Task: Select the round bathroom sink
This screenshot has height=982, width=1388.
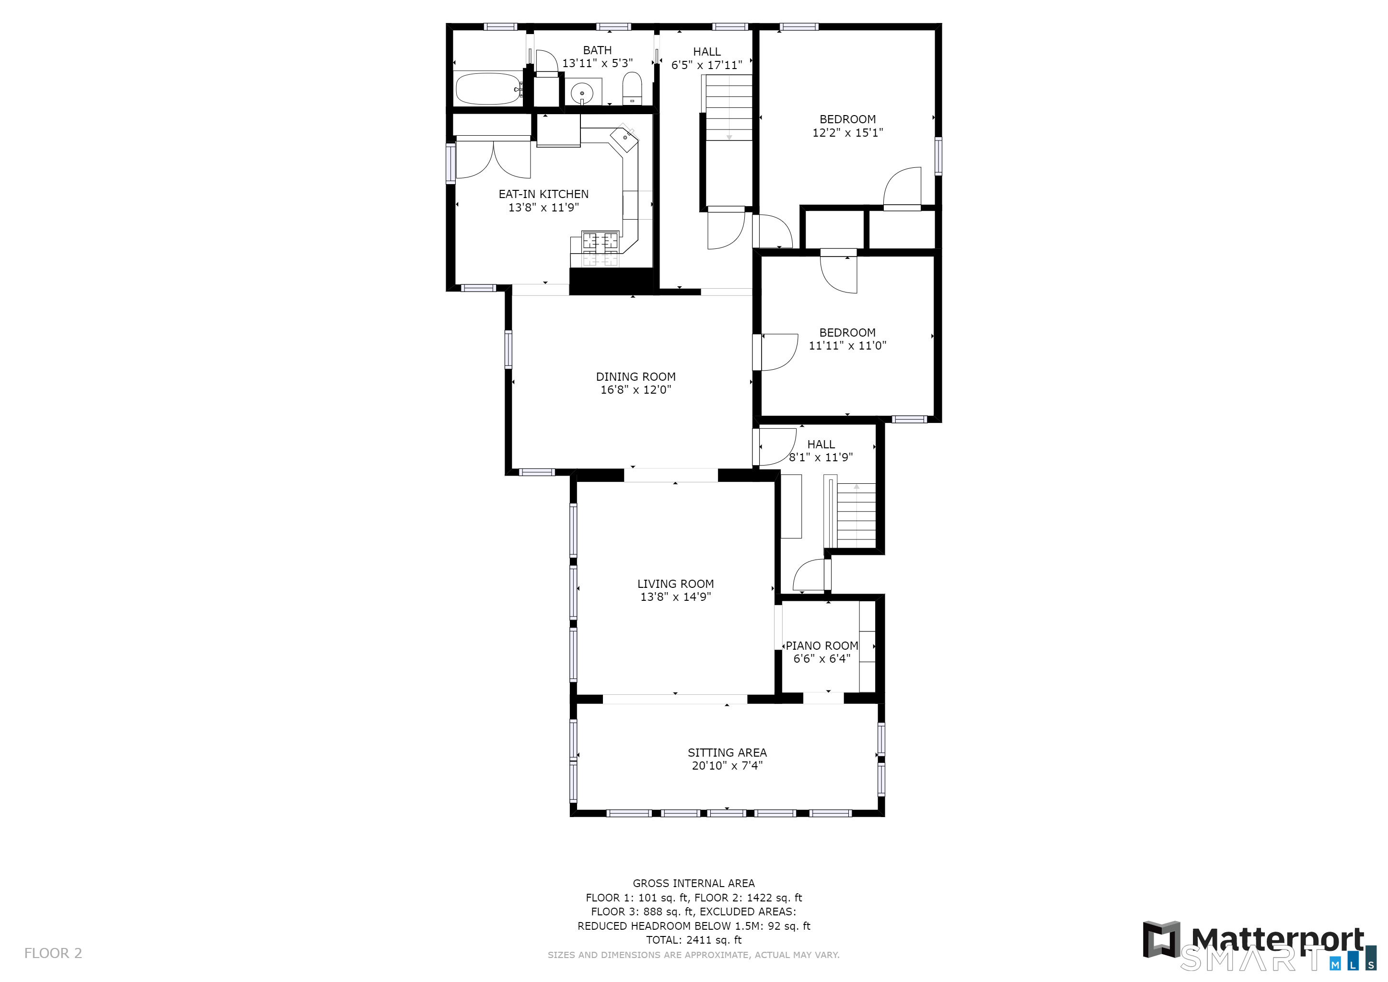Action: [583, 93]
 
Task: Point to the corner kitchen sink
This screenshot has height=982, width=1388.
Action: [624, 139]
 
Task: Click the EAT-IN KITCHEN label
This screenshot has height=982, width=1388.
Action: [544, 194]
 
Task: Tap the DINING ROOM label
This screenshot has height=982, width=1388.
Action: [636, 377]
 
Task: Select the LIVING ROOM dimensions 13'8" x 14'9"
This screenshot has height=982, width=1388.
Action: [676, 597]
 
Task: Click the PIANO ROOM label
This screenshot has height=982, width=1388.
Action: [821, 646]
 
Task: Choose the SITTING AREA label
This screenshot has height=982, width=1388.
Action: [727, 753]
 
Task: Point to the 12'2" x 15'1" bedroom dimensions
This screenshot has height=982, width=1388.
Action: [847, 132]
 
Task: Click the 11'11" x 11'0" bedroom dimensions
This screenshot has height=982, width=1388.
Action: [847, 345]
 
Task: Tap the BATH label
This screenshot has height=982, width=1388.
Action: [597, 50]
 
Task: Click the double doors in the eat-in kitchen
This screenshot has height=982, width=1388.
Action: [493, 159]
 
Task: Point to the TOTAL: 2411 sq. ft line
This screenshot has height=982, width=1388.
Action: [694, 940]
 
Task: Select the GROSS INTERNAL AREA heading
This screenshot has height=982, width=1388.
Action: [694, 883]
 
